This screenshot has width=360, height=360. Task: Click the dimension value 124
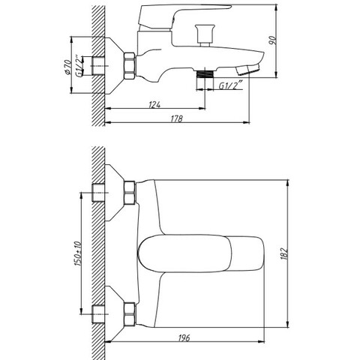(x=154, y=104)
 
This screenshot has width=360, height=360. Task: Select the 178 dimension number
(x=177, y=118)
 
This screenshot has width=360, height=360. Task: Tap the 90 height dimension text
(x=272, y=40)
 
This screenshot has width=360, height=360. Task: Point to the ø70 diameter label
(x=68, y=67)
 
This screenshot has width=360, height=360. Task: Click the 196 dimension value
(x=184, y=337)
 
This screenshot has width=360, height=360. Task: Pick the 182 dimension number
(x=284, y=253)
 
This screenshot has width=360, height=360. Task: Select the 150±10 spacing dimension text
(x=78, y=253)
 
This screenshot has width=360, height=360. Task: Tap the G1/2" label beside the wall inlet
(x=79, y=66)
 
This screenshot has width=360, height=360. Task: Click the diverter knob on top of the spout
(x=205, y=35)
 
